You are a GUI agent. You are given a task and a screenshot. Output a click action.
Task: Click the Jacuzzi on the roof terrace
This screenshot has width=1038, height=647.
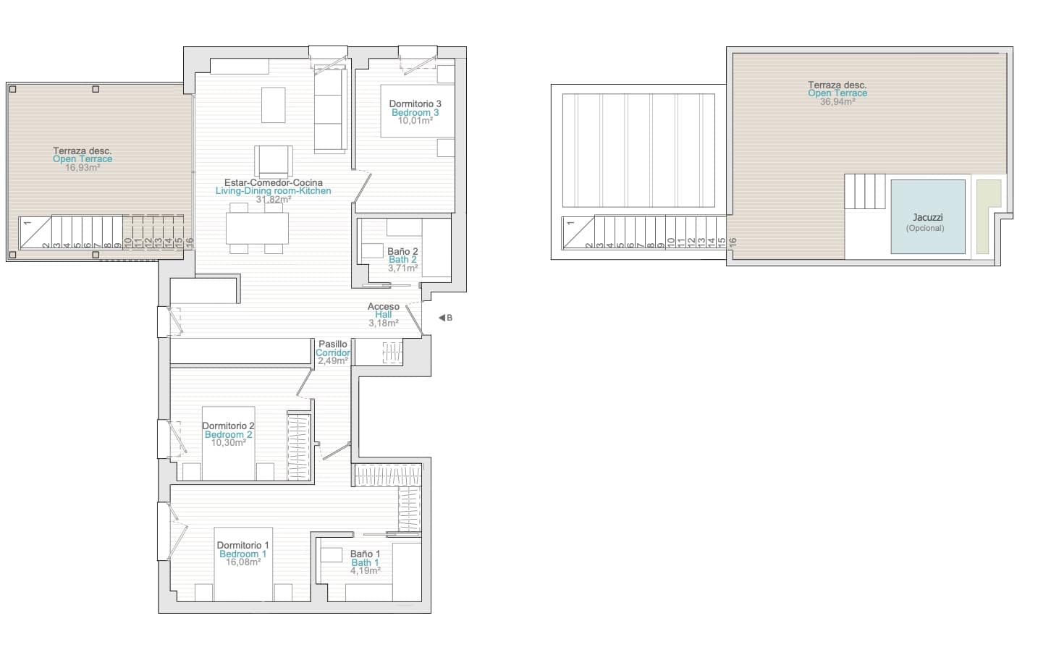tap(928, 216)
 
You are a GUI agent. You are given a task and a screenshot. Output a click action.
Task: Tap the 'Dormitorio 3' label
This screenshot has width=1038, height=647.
tap(415, 104)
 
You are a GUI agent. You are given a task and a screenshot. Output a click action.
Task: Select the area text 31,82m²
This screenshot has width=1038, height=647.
tap(274, 200)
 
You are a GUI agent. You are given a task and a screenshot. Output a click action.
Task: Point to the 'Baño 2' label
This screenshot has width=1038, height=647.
tap(402, 251)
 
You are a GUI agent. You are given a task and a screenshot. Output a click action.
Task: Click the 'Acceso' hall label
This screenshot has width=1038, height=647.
tap(383, 306)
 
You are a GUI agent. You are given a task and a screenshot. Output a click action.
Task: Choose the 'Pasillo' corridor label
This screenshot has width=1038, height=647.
tap(333, 344)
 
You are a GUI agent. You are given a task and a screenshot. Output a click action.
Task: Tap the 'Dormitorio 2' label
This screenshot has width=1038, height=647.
tap(228, 426)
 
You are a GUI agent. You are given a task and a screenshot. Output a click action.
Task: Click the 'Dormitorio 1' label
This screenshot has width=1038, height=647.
tap(242, 545)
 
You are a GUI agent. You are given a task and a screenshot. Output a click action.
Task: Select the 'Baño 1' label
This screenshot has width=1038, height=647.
tap(365, 554)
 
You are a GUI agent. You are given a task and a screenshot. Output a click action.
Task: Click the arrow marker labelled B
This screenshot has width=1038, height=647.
tap(442, 318)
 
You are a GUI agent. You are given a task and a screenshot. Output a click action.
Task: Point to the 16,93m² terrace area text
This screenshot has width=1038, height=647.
tap(83, 167)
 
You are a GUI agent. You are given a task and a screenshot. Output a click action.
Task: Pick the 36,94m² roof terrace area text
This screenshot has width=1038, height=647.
tap(837, 102)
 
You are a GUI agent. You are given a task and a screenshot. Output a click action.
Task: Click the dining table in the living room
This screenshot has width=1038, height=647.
tap(257, 228)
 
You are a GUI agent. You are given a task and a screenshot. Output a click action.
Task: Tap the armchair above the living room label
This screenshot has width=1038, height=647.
tap(274, 160)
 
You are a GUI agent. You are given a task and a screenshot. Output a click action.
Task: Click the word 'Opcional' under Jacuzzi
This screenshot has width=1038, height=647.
tap(925, 228)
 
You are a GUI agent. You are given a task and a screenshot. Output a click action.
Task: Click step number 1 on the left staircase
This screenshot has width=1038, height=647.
tap(27, 222)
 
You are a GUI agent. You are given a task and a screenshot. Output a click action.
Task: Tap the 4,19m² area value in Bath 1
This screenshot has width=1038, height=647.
tap(365, 570)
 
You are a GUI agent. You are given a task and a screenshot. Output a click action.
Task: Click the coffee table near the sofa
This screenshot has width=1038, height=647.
tap(273, 105)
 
